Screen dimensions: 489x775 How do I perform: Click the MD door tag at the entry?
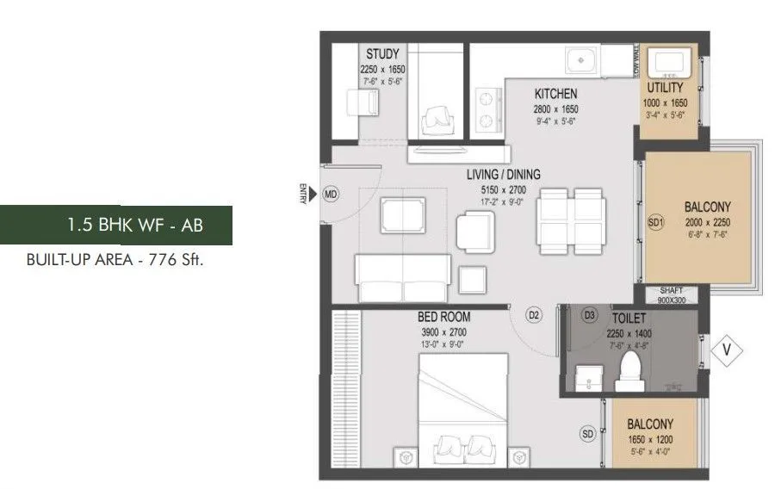331,195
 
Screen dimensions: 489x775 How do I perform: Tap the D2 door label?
534,316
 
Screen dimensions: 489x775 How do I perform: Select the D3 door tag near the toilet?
590,314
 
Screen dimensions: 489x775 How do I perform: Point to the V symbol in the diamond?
727,350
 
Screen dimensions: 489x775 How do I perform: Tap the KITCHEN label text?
555,94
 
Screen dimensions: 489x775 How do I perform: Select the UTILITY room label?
664,88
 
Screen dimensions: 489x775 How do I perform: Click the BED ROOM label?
444,317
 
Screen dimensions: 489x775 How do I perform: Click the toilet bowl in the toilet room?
633,368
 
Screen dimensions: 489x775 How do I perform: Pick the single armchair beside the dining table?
473,230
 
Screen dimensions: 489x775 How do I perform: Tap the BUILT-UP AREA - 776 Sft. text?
115,259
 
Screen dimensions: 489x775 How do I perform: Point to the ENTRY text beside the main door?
302,195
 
